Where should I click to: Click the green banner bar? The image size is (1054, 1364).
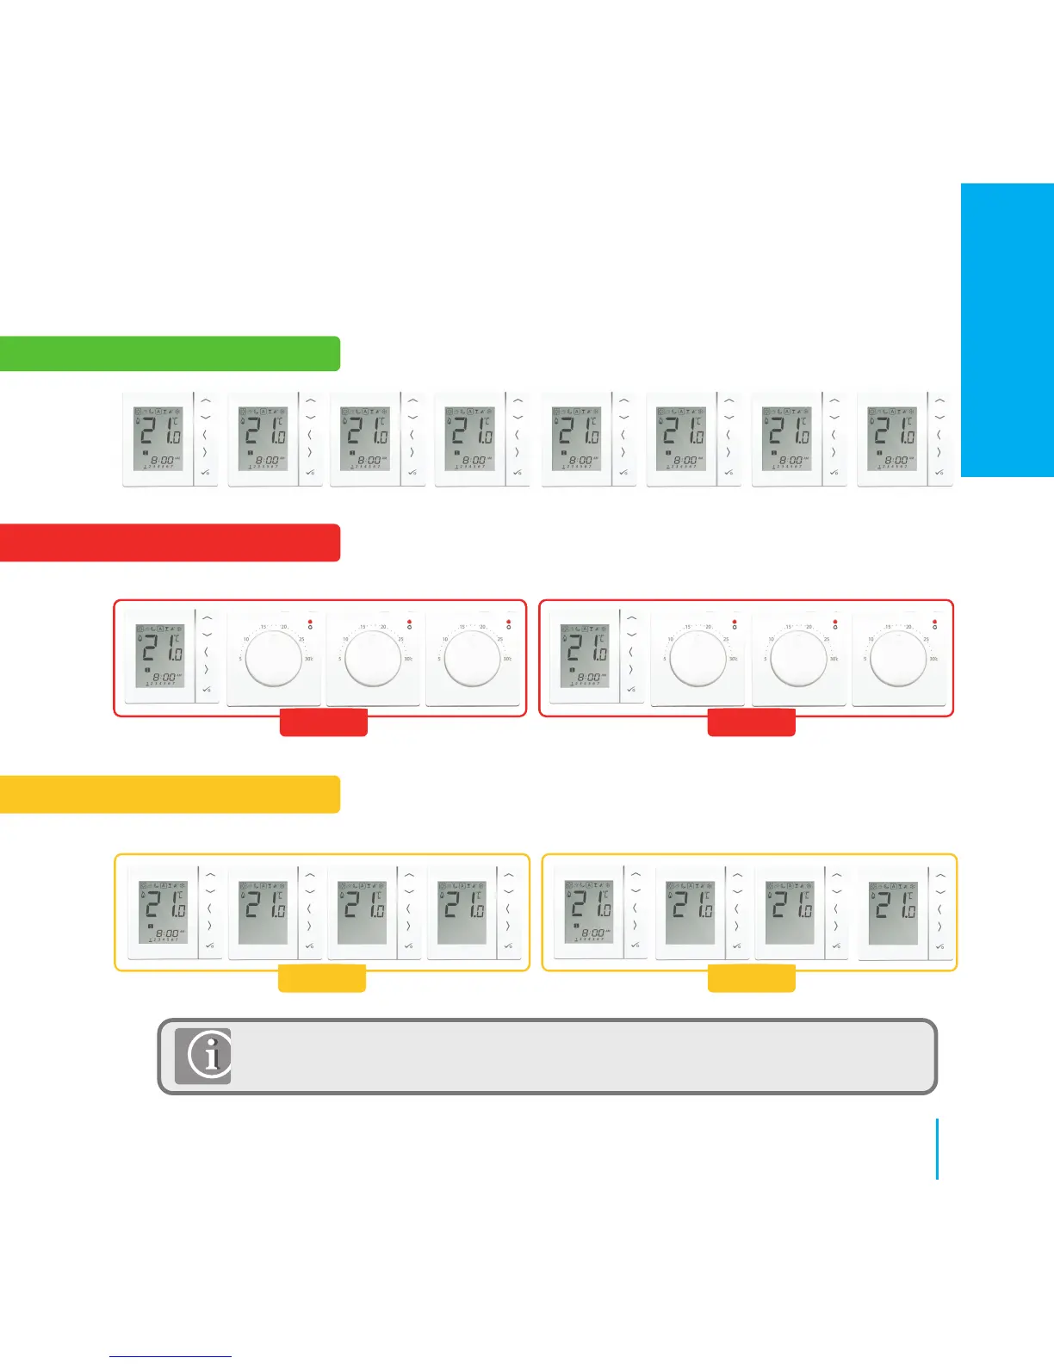(170, 354)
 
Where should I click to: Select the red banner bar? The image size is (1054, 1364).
(170, 542)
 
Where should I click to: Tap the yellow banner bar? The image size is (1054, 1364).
(170, 794)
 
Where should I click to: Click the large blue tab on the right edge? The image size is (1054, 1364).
(1007, 330)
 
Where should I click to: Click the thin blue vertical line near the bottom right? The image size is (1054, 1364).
(937, 1149)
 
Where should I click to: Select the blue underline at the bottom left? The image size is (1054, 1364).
(170, 1357)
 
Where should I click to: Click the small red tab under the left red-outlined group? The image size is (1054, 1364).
(324, 722)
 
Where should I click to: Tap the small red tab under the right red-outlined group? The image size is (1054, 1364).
(751, 722)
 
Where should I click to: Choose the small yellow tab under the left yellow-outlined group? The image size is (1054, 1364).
(322, 978)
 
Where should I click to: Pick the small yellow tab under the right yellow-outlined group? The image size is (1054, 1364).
(751, 978)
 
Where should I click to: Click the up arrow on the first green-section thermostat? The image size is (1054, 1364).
(206, 400)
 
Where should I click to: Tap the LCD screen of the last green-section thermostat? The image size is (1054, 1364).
(893, 439)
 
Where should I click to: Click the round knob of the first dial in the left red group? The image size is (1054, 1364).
(274, 657)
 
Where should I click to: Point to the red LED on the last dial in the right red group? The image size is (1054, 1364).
(934, 620)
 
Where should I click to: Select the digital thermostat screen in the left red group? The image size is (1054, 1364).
(161, 655)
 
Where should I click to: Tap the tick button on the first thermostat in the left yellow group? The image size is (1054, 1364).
(208, 945)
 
